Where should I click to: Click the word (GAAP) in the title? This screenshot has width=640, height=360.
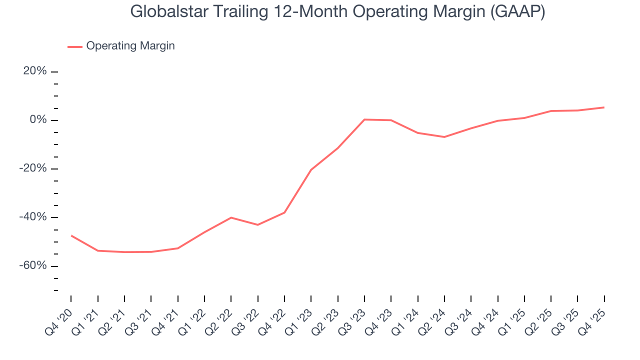[518, 11]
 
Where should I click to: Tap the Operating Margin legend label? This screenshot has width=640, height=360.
[130, 46]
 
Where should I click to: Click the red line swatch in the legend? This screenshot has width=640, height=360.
[74, 46]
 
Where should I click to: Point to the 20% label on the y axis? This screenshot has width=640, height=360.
[35, 71]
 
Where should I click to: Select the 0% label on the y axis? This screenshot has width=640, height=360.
[38, 120]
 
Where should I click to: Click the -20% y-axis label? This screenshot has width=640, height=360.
[33, 168]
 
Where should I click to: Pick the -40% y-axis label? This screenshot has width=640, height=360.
[33, 217]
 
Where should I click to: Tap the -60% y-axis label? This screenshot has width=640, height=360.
[33, 265]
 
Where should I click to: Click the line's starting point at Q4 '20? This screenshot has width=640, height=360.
[71, 235]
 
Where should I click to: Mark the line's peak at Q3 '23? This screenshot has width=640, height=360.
[364, 119]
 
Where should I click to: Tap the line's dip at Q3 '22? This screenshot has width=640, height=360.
[257, 225]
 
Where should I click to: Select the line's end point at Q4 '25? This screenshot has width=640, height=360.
[604, 107]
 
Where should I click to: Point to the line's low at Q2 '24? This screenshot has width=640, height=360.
[444, 137]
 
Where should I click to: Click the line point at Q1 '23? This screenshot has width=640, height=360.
[311, 170]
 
